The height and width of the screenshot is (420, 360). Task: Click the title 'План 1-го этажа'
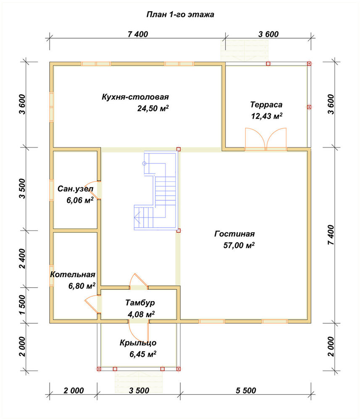click(x=180, y=14)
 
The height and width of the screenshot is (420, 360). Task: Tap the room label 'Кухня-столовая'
click(x=135, y=97)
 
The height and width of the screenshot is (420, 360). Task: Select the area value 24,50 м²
click(x=153, y=108)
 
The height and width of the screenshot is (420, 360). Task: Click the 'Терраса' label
click(x=266, y=105)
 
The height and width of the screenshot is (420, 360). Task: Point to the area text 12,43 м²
click(x=267, y=116)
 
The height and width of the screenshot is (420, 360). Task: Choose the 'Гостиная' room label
click(x=234, y=234)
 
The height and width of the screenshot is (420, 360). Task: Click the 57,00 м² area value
click(x=239, y=245)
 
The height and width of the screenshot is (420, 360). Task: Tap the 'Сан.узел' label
click(x=76, y=189)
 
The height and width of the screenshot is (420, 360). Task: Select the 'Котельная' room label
click(x=73, y=275)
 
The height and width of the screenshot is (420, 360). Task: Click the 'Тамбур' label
click(x=140, y=303)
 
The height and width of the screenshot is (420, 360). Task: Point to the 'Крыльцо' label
click(x=138, y=343)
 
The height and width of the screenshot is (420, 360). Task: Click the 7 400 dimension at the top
click(x=138, y=34)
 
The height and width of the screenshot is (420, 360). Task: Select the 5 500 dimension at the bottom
click(x=246, y=391)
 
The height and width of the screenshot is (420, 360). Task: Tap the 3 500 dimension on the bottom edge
click(x=139, y=391)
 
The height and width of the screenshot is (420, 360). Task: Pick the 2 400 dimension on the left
click(x=23, y=258)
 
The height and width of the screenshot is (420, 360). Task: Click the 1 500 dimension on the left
click(x=23, y=305)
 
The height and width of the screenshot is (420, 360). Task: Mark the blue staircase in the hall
click(x=156, y=191)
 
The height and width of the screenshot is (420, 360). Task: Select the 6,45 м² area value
click(x=143, y=354)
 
